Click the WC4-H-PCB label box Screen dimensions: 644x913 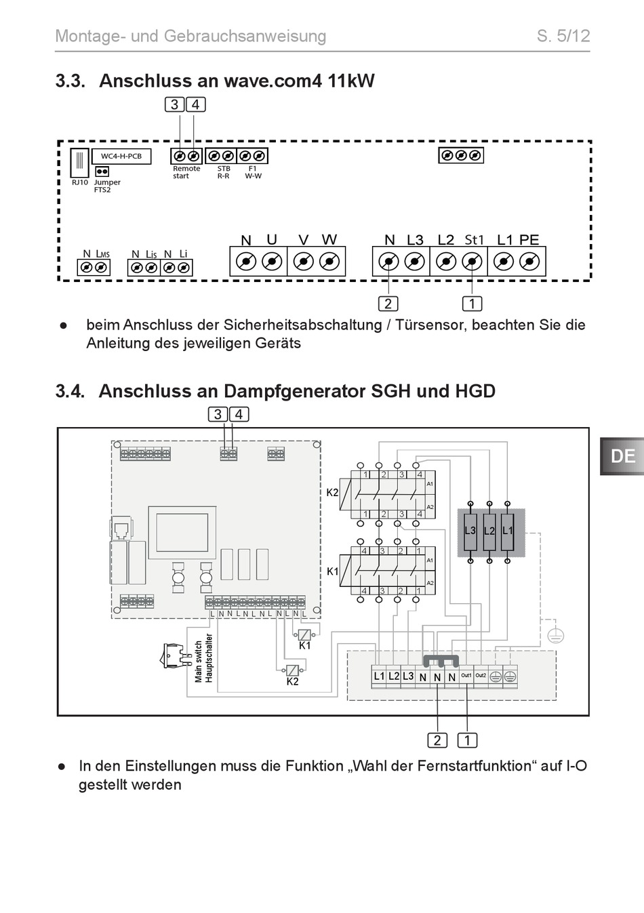pyautogui.click(x=121, y=157)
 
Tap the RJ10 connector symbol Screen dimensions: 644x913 pyautogui.click(x=80, y=162)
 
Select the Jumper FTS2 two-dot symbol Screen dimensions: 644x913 pyautogui.click(x=102, y=171)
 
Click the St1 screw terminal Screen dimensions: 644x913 pyautogui.click(x=472, y=261)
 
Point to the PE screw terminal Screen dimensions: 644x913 pyautogui.click(x=529, y=261)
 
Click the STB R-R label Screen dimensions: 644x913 pyautogui.click(x=223, y=172)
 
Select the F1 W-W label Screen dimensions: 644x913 pyautogui.click(x=253, y=172)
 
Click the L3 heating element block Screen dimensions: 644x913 pyautogui.click(x=470, y=531)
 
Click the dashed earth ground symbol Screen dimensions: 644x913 pyautogui.click(x=555, y=635)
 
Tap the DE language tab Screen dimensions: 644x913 pyautogui.click(x=622, y=457)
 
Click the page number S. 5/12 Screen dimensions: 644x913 pyautogui.click(x=563, y=36)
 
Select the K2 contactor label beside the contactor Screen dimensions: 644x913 pyautogui.click(x=332, y=492)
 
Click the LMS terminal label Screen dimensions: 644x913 pyautogui.click(x=103, y=254)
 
